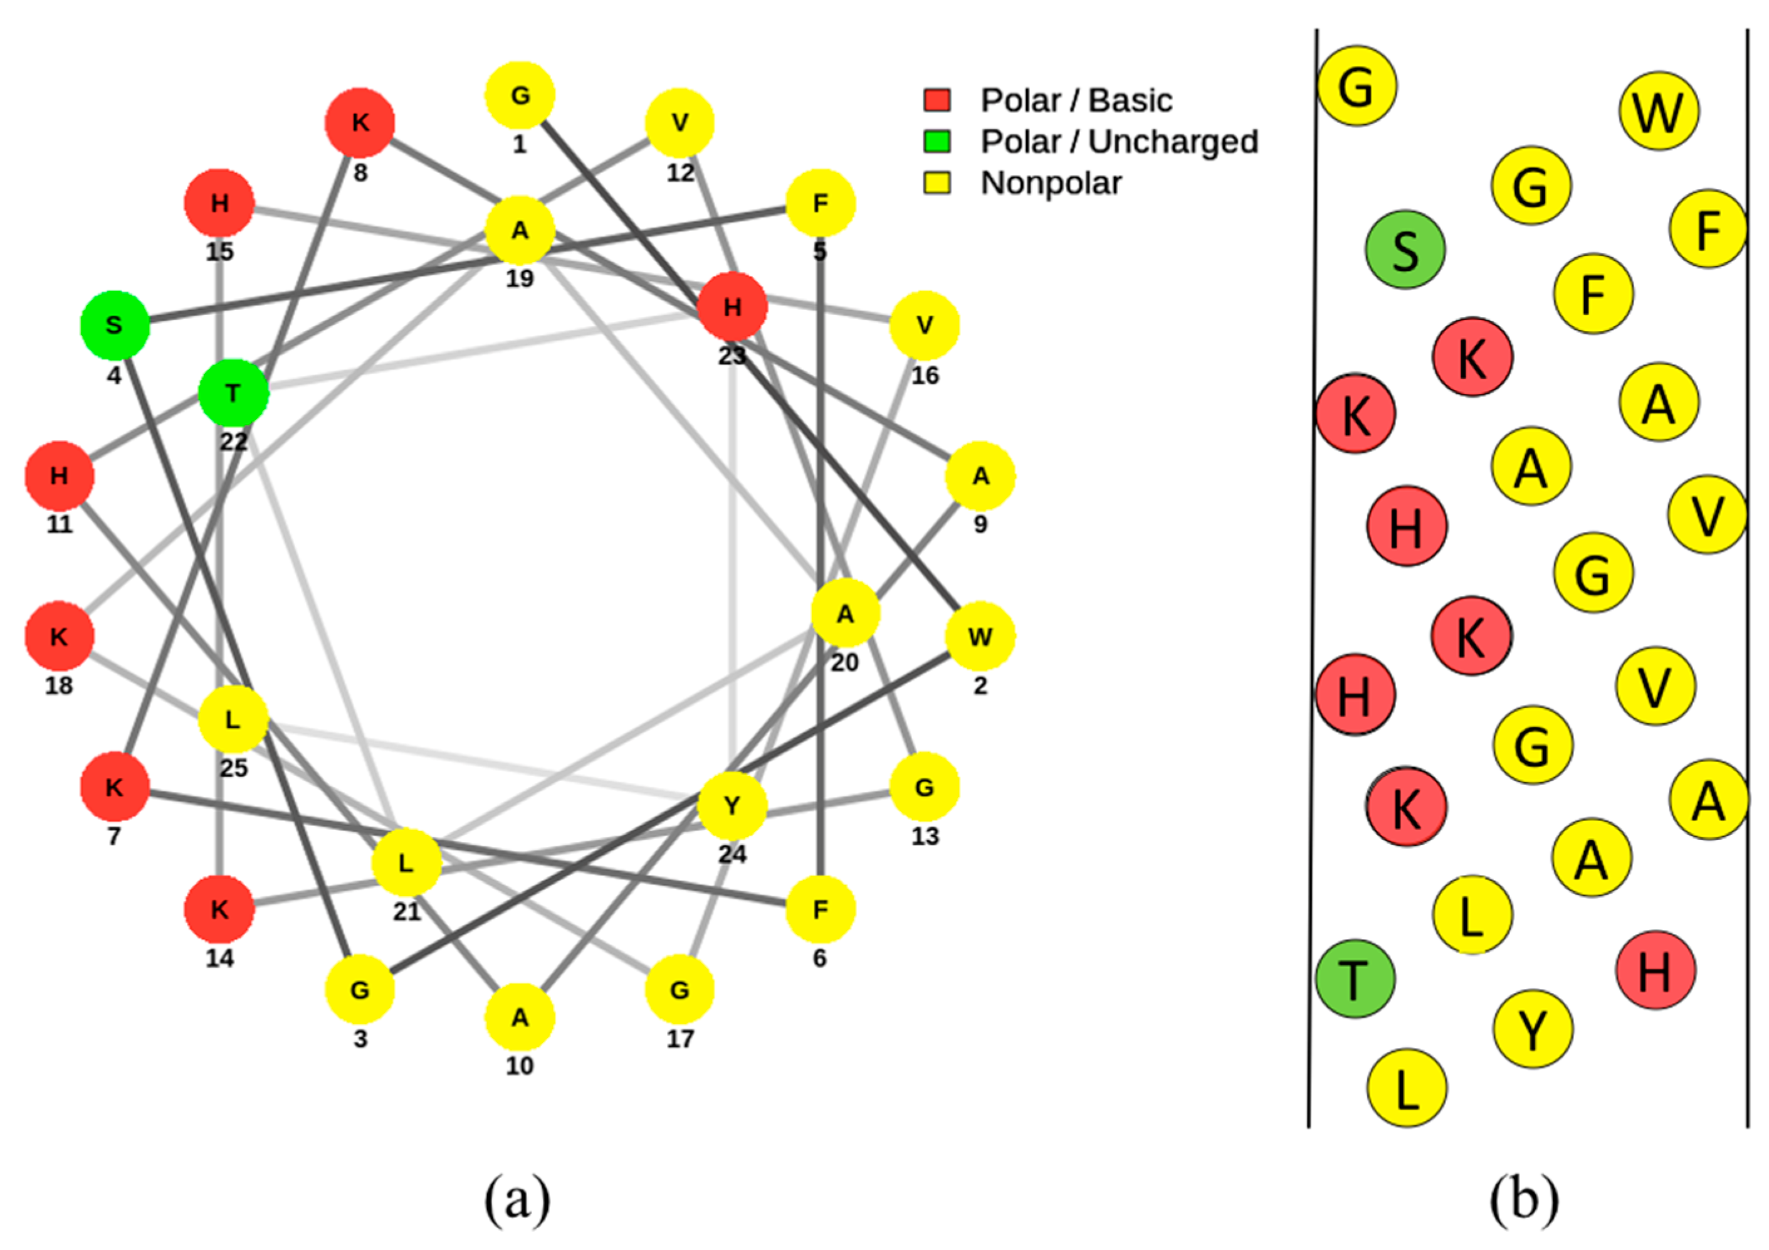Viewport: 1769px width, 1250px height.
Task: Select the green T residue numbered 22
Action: pos(233,393)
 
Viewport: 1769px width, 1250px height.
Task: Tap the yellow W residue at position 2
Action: pos(979,637)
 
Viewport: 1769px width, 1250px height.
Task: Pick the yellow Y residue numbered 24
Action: pos(732,805)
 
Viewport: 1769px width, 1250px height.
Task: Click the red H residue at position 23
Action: pos(732,307)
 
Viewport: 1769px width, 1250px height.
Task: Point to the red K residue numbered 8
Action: pos(360,122)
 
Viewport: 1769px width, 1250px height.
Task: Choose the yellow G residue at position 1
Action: pos(520,95)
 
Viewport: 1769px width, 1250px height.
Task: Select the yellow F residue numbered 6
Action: pos(820,909)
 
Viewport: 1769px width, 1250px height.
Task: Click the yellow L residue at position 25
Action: pos(233,719)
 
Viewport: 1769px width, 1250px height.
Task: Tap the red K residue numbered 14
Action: pos(219,909)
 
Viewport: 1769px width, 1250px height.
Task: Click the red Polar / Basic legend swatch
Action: pos(937,100)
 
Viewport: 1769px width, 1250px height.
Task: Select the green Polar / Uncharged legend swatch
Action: pos(937,142)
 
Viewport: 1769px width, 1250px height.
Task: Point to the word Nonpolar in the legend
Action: pos(1050,183)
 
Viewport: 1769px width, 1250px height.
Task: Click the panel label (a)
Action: pos(517,1199)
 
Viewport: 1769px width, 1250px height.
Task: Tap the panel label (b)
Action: pos(1523,1199)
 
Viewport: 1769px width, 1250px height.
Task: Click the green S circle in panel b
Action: pos(1405,250)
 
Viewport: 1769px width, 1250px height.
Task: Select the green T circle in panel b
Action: pos(1355,978)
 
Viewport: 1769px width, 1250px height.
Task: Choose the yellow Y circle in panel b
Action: pos(1533,1029)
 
